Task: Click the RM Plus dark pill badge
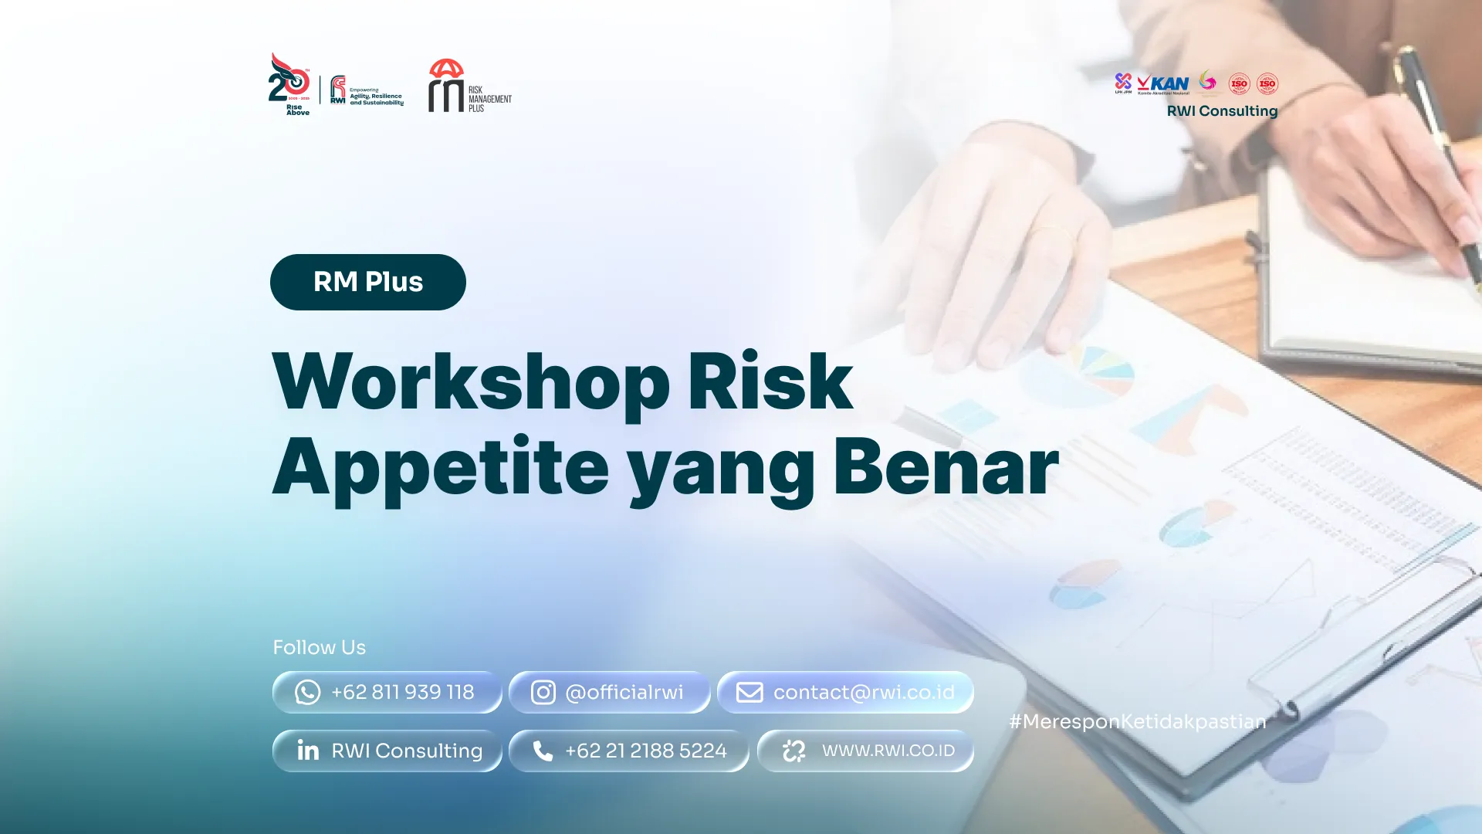coord(367,282)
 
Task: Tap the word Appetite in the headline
coord(440,467)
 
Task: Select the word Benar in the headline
coord(945,467)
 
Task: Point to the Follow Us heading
coord(319,647)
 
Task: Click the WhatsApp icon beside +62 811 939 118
coord(307,692)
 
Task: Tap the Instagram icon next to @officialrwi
coord(543,692)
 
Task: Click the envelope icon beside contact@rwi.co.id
coord(749,692)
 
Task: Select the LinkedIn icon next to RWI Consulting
coord(308,750)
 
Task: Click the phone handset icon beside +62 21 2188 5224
coord(543,751)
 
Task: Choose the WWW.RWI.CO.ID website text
coord(888,751)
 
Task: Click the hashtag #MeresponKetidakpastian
coord(1137,721)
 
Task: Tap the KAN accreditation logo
coord(1163,83)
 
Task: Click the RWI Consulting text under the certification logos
coord(1221,111)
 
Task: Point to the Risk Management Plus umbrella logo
coord(448,86)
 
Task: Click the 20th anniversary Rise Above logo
coord(289,83)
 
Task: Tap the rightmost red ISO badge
coord(1267,83)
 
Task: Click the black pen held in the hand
coord(1436,139)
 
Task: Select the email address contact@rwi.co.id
coord(863,692)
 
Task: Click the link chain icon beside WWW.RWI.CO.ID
coord(793,751)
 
